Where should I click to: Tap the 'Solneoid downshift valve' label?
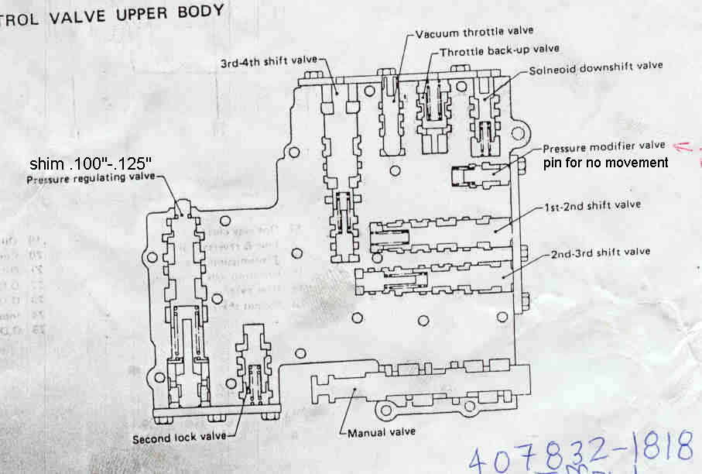(x=596, y=67)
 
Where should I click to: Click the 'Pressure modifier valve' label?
(x=604, y=147)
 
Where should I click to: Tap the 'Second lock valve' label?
(x=179, y=437)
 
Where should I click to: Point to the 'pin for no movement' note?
(x=604, y=163)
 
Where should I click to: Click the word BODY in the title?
(x=200, y=11)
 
